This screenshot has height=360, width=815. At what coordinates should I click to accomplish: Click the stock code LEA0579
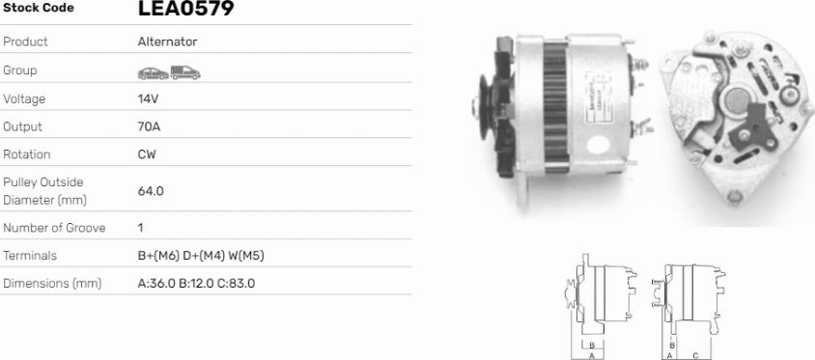(185, 8)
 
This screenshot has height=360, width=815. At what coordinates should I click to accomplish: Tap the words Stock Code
(39, 8)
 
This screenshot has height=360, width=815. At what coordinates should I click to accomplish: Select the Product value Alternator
(167, 42)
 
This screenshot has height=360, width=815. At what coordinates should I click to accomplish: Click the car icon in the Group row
(154, 73)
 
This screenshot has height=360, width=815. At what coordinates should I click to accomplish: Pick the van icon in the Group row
(185, 72)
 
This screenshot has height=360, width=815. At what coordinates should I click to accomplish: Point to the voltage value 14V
(148, 98)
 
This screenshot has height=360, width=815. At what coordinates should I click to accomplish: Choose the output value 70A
(149, 126)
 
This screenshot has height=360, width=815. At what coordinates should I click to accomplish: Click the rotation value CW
(147, 154)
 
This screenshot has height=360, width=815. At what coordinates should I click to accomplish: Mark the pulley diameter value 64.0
(151, 191)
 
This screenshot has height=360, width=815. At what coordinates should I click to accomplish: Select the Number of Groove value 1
(141, 228)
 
